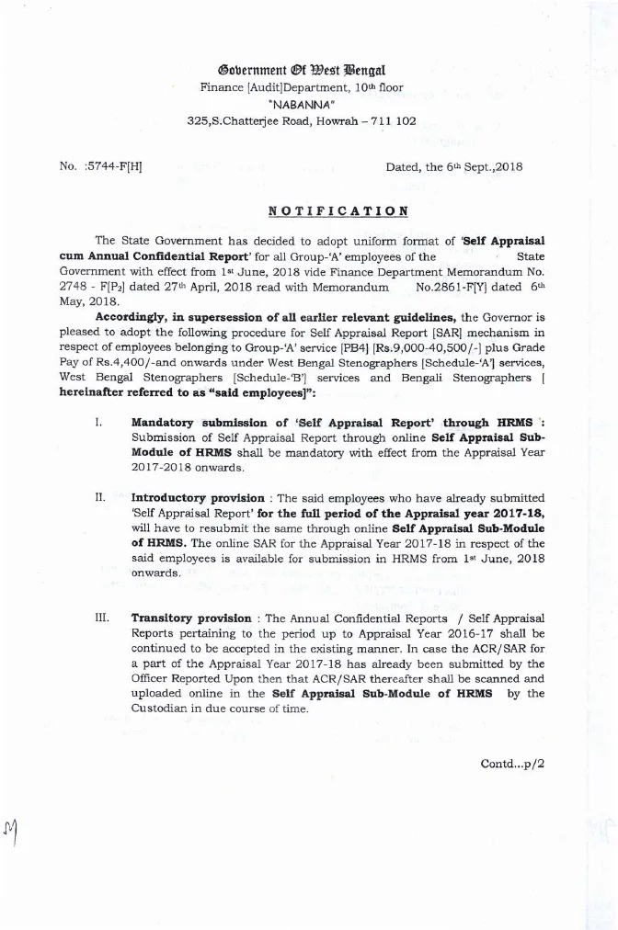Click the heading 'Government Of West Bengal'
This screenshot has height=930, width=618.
coord(302,70)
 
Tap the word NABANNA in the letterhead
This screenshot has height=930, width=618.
coord(302,104)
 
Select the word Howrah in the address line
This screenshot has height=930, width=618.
coord(318,120)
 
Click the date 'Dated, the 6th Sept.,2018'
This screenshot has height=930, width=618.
coord(454,166)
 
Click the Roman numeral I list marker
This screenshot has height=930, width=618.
coord(97,423)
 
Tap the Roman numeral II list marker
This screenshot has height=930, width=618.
coord(99,497)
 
